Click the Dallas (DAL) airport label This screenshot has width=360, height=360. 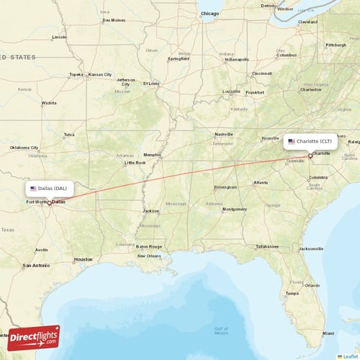(54, 188)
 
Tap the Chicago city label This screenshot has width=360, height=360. (210, 13)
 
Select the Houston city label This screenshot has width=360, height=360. (83, 259)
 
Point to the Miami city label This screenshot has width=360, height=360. (328, 333)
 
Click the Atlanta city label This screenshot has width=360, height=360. (260, 183)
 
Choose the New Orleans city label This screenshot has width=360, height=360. (150, 256)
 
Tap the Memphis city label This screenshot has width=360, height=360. (152, 155)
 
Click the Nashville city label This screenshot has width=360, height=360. (224, 134)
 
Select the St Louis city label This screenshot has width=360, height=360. (150, 84)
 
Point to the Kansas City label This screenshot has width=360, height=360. (99, 74)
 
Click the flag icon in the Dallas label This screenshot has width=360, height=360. (33, 188)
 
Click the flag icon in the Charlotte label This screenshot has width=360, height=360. (292, 142)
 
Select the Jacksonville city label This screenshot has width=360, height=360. (310, 248)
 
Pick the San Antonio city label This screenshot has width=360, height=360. (36, 265)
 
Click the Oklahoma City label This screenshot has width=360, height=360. (24, 148)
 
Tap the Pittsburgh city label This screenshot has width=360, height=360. (336, 45)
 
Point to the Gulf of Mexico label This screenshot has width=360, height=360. (221, 330)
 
